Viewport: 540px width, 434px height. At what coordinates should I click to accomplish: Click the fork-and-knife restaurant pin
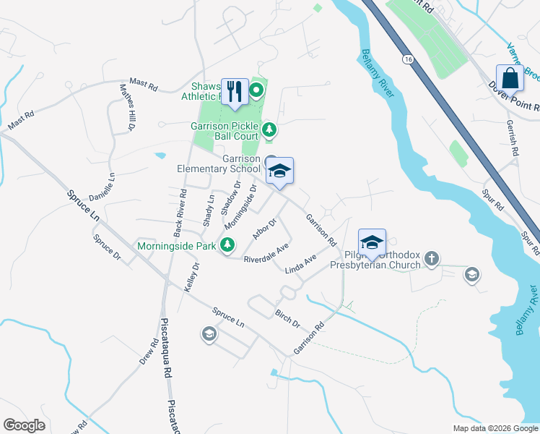click(x=235, y=92)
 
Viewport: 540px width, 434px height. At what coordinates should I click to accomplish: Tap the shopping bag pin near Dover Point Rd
click(x=510, y=78)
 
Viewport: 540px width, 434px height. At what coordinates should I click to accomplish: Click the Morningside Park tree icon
click(x=228, y=246)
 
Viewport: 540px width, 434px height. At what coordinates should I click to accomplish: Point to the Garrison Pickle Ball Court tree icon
click(x=269, y=129)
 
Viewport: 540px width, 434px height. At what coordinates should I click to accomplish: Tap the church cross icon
click(x=432, y=259)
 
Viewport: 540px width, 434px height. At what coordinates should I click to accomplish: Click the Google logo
click(x=25, y=425)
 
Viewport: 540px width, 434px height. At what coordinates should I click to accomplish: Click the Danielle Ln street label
click(x=102, y=187)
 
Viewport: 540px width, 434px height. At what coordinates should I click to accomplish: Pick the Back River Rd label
click(x=180, y=213)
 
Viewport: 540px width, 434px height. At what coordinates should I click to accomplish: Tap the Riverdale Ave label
click(x=266, y=253)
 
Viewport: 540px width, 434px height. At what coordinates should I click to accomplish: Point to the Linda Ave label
click(x=301, y=264)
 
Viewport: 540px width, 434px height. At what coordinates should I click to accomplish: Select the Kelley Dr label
click(x=192, y=276)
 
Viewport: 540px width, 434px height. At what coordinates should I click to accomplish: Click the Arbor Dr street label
click(x=265, y=229)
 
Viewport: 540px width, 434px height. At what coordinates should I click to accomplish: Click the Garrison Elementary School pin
click(x=279, y=171)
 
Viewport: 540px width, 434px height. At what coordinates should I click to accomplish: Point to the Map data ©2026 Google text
click(x=495, y=428)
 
